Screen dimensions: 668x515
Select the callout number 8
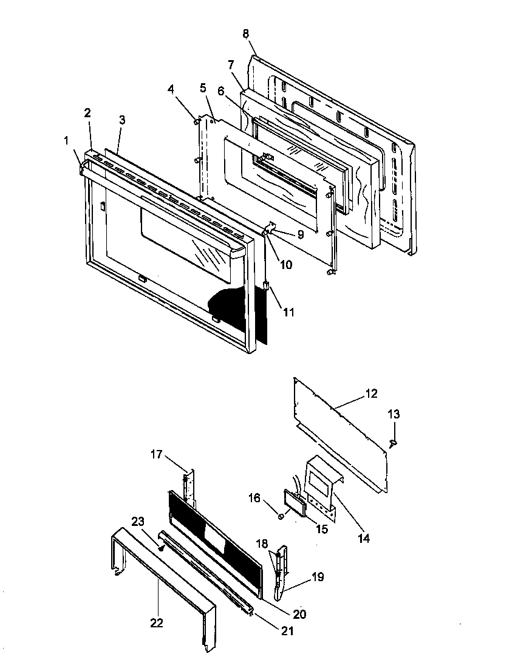point(246,34)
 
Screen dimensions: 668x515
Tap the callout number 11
point(288,312)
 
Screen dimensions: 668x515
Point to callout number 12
point(371,394)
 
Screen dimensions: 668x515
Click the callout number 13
point(394,415)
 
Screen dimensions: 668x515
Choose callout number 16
point(254,498)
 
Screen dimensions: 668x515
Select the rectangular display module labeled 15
point(294,503)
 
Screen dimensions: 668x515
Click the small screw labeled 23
point(161,547)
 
